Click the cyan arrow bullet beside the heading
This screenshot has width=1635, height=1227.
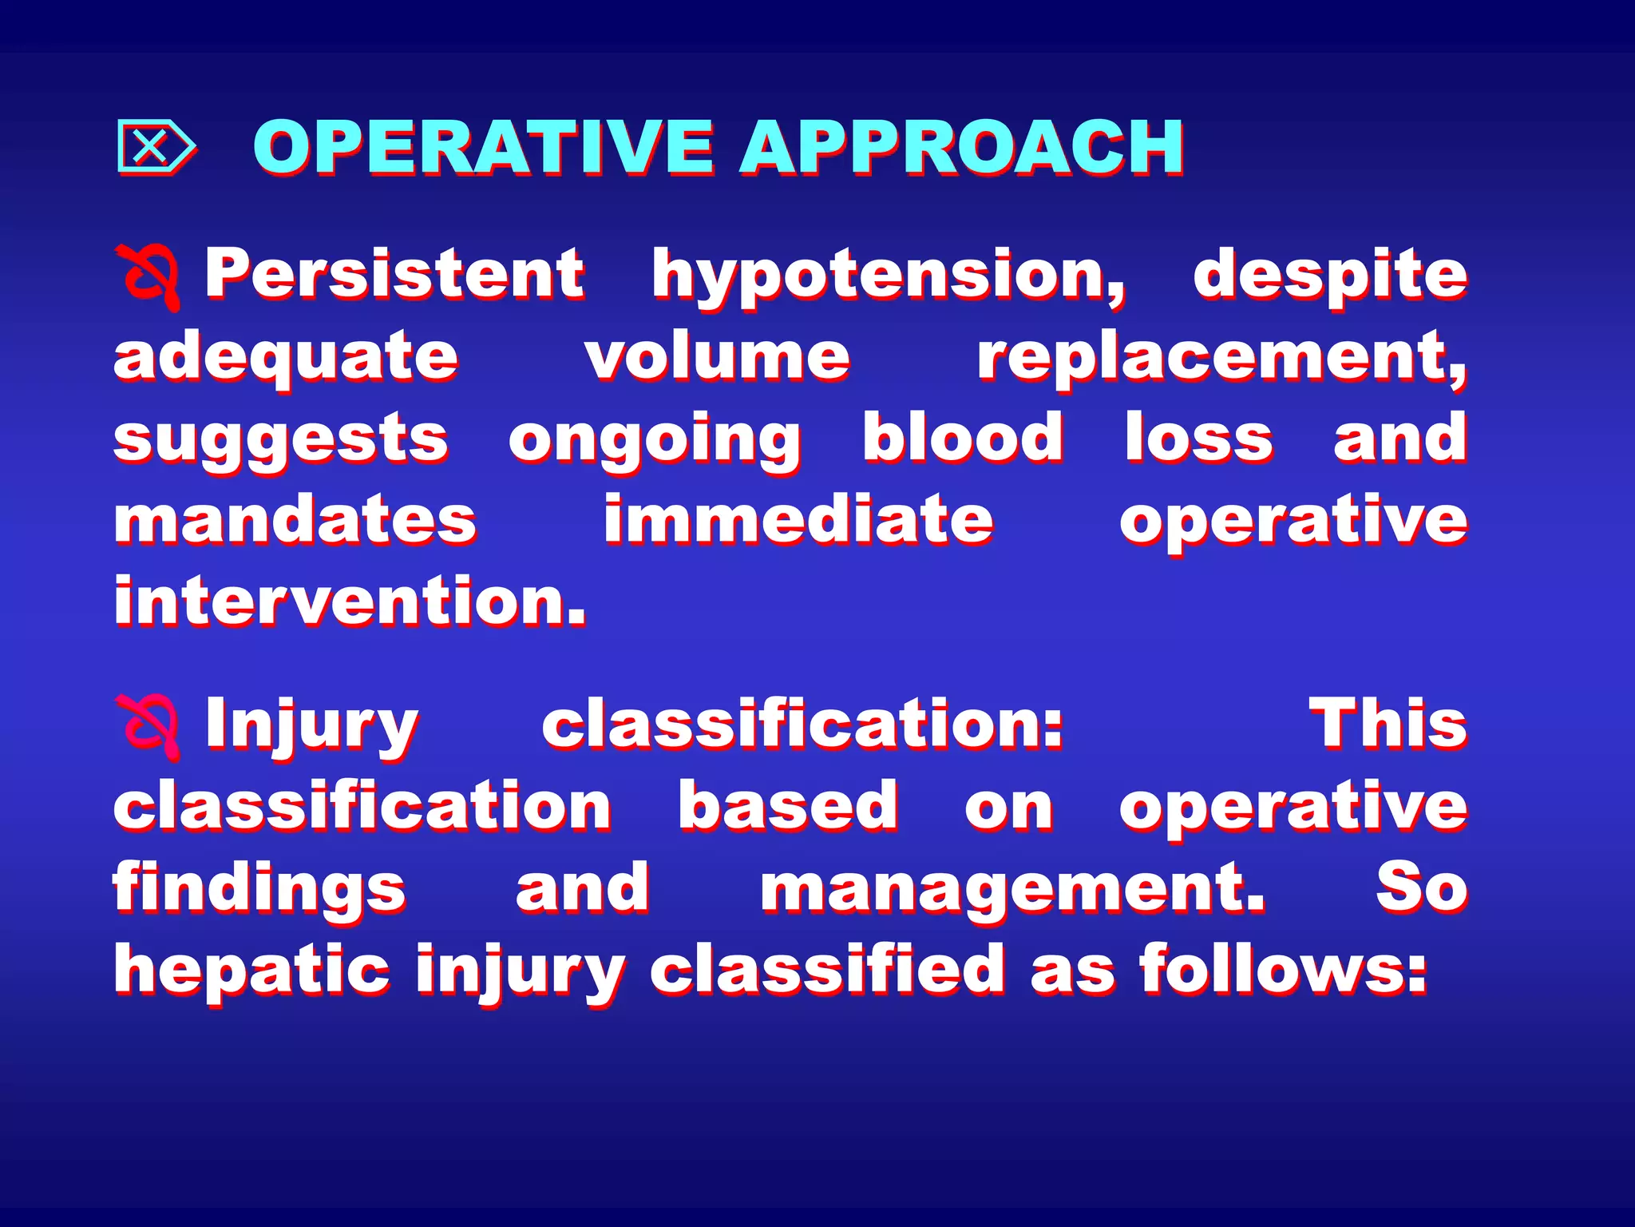point(156,146)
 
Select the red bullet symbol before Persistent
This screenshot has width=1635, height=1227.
point(149,276)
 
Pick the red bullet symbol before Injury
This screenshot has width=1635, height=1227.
point(149,725)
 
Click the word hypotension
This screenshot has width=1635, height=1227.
point(888,276)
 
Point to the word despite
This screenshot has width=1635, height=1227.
point(1329,276)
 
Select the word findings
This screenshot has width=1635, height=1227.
point(259,889)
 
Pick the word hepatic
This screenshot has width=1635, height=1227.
point(251,971)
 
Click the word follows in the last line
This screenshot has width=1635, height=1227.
point(1283,969)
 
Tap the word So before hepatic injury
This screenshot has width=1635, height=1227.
point(1421,887)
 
